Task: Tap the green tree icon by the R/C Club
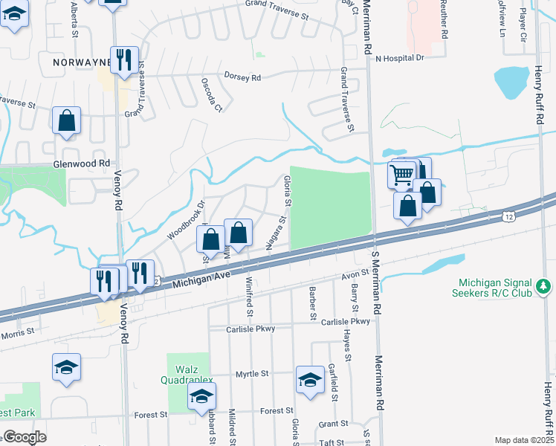point(543,285)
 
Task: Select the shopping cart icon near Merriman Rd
point(401,175)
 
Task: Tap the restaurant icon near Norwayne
point(124,59)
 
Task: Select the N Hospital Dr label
point(399,57)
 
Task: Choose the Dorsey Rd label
point(242,77)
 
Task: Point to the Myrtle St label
point(250,374)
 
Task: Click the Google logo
point(25,437)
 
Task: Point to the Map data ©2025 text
point(524,440)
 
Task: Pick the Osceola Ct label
point(212,95)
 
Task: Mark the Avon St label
point(355,274)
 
